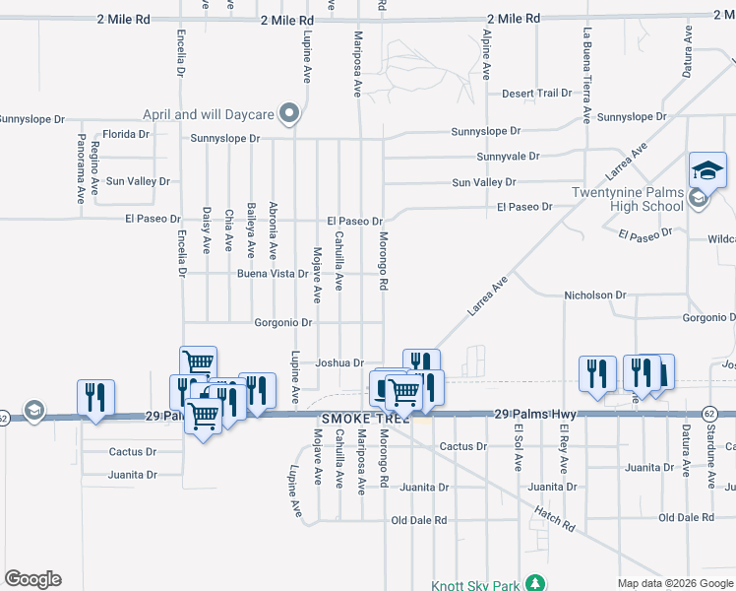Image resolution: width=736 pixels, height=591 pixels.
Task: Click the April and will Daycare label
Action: pos(208,114)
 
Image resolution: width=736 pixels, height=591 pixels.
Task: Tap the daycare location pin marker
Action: pos(288,115)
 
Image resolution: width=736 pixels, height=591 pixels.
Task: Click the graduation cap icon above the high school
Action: pos(707,170)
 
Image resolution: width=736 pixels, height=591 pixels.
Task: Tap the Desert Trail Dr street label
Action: pos(536,94)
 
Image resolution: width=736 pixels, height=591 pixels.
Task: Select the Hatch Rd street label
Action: pos(554,518)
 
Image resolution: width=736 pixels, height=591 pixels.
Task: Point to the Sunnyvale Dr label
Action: pos(508,157)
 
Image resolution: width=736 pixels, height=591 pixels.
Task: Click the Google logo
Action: pos(32,579)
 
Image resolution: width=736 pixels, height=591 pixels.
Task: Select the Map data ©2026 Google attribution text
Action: pos(675,583)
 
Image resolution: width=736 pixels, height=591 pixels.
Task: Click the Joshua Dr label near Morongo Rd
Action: pos(339,362)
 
